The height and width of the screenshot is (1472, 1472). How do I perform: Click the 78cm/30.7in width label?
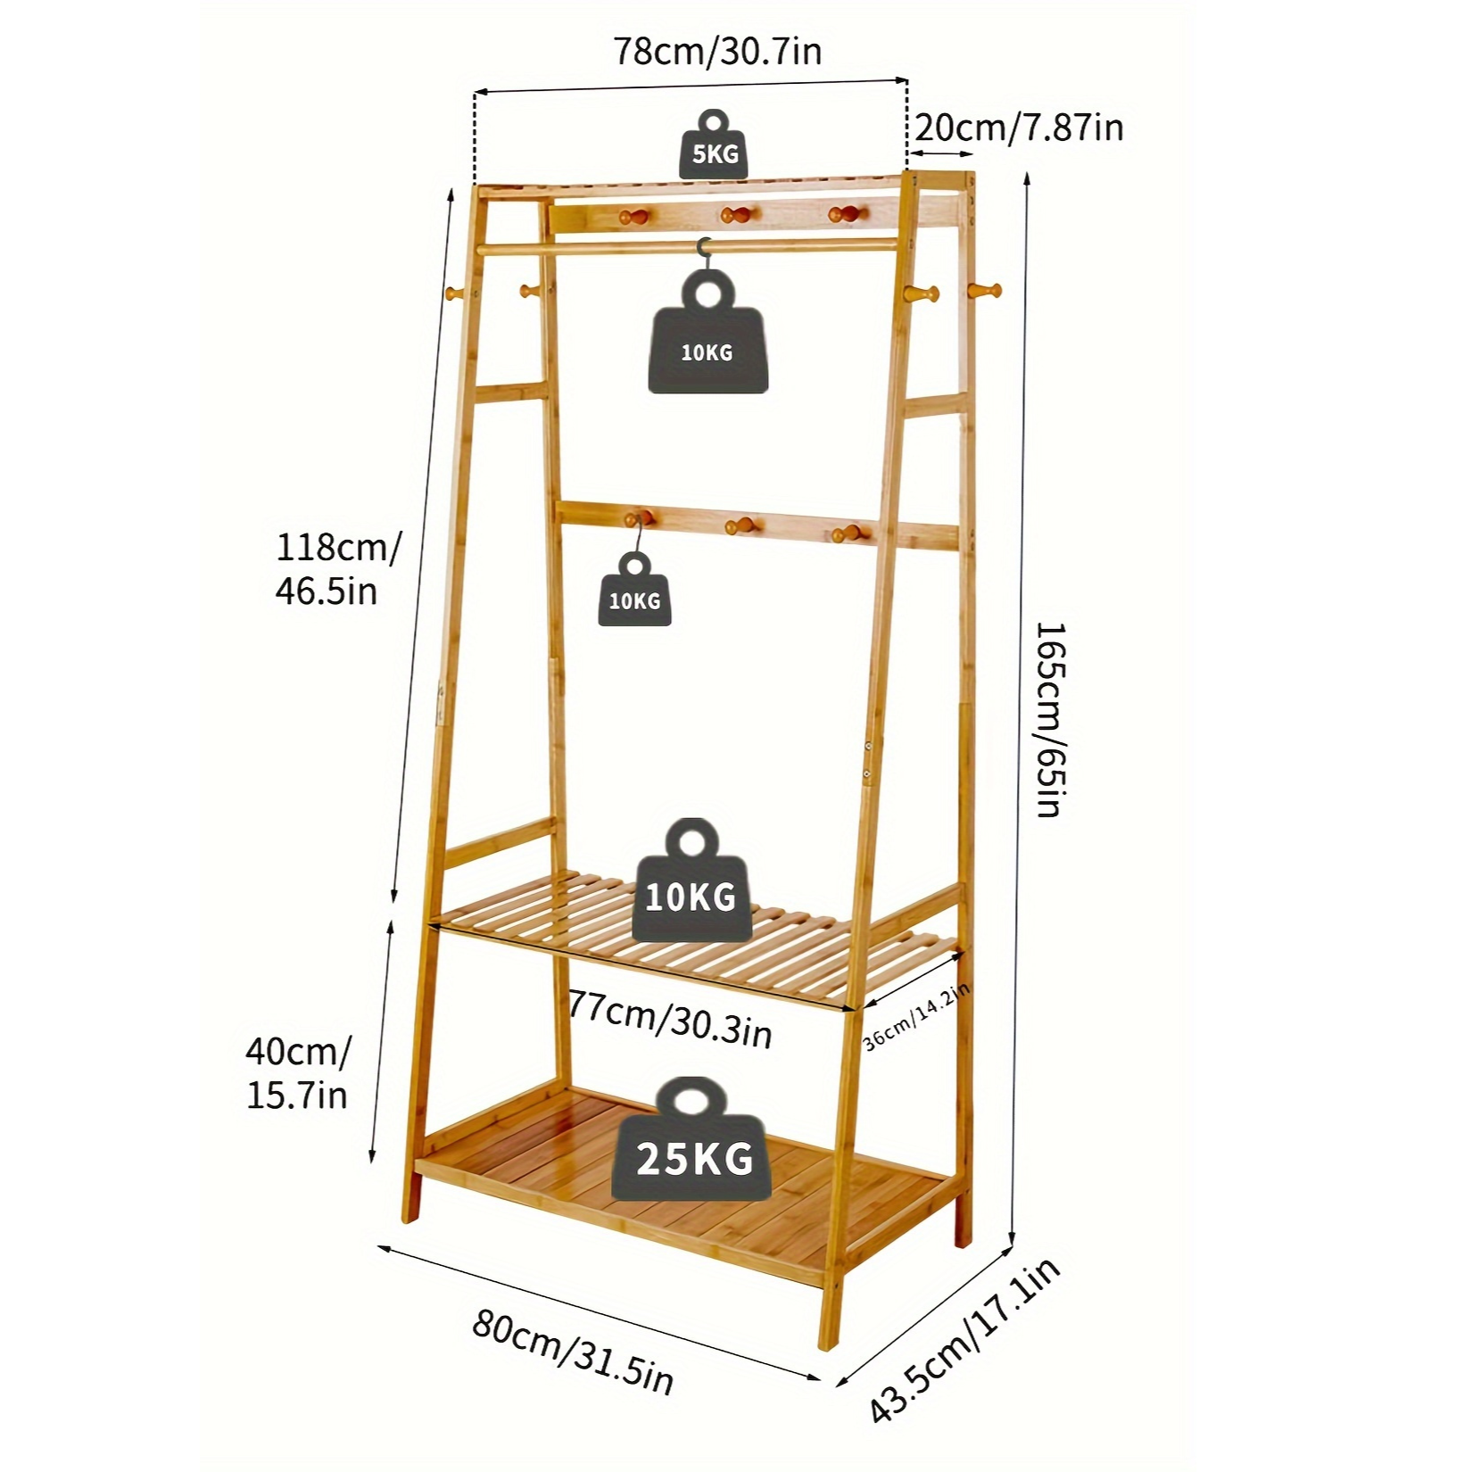click(x=716, y=52)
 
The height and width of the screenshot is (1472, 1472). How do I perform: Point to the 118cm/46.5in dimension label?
click(x=338, y=568)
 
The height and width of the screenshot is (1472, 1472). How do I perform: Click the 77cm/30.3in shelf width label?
click(x=670, y=1019)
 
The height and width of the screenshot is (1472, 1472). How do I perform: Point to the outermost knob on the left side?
click(x=456, y=292)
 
